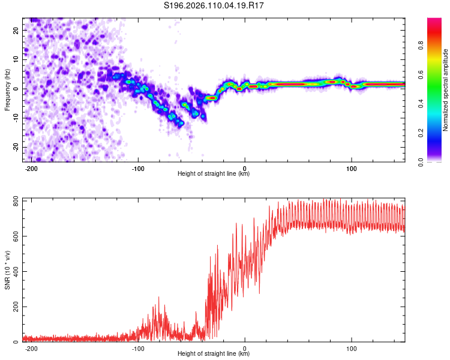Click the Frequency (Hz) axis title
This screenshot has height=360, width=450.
tap(7, 89)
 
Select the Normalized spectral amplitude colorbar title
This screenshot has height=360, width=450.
tap(445, 91)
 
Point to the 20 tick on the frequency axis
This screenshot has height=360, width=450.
tap(16, 30)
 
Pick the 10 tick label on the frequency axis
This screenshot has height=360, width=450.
tap(16, 59)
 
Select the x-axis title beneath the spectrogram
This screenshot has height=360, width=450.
tap(214, 174)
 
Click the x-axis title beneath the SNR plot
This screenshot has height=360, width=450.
tap(214, 354)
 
